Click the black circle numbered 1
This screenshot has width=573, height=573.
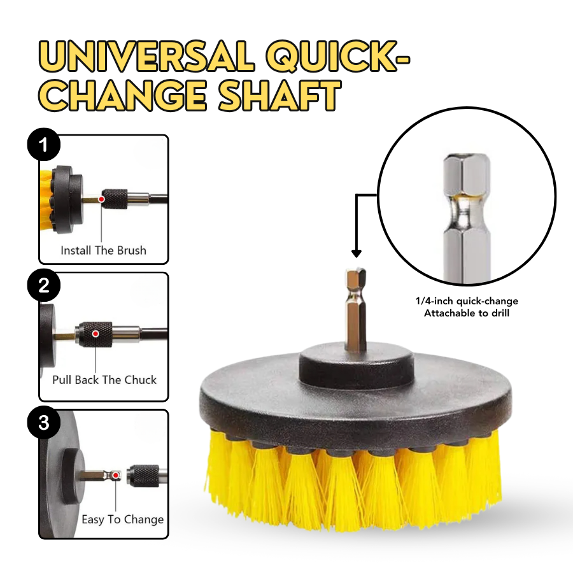click(x=43, y=146)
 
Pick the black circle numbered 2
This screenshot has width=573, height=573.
click(x=43, y=286)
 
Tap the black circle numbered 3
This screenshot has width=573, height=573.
click(x=43, y=423)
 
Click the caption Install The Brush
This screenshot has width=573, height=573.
click(x=103, y=250)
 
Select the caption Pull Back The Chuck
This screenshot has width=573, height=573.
click(x=104, y=380)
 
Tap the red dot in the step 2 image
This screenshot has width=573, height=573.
click(x=95, y=334)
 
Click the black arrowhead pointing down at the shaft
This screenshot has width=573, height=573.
click(x=356, y=253)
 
